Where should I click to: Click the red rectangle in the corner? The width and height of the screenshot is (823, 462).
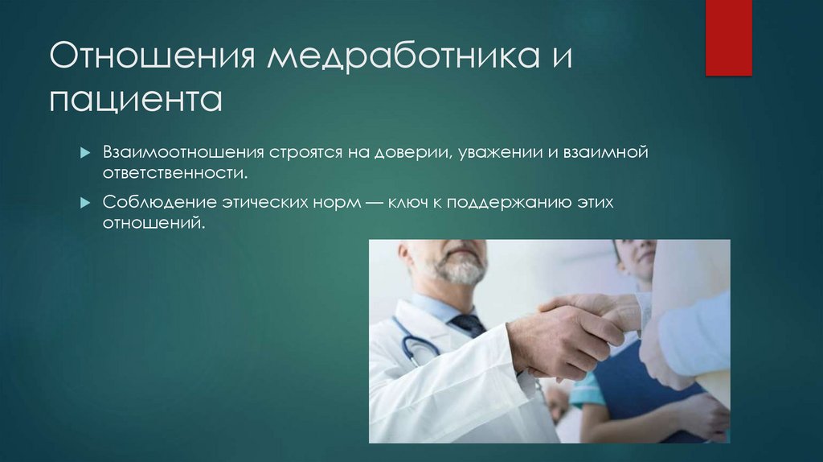click(728, 37)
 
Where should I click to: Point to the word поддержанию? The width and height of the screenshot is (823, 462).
click(503, 203)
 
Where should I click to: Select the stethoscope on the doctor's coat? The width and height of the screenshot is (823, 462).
click(415, 342)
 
